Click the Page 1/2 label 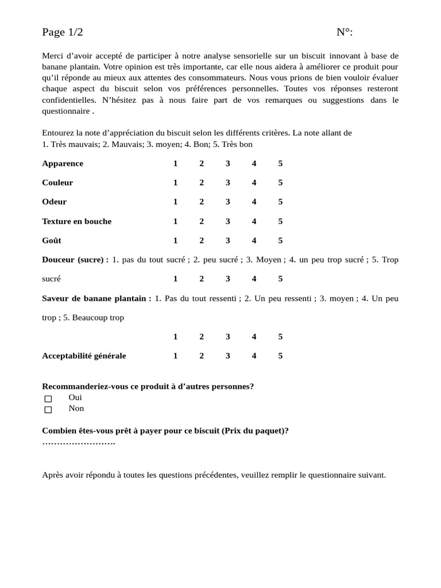(62, 32)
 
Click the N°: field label (345, 32)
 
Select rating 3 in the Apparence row (228, 164)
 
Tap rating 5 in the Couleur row (280, 183)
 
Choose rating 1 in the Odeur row (176, 202)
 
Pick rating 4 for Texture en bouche (254, 221)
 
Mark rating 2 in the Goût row (202, 241)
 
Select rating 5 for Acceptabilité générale (280, 356)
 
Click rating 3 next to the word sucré (228, 279)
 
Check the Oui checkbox (48, 399)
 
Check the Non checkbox (48, 409)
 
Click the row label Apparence (63, 164)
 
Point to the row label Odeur (54, 202)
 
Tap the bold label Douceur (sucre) (75, 260)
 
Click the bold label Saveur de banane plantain (96, 299)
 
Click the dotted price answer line (79, 442)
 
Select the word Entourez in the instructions (58, 133)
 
